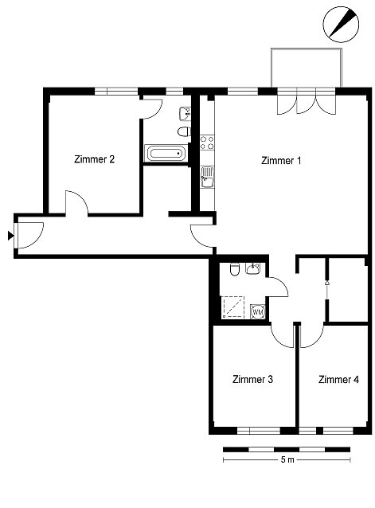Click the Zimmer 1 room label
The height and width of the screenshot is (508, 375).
click(281, 160)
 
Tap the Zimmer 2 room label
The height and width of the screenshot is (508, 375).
click(94, 159)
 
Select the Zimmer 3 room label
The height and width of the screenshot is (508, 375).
click(252, 379)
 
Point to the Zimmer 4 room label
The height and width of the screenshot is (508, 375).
click(338, 379)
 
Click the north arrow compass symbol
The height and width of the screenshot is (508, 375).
click(341, 25)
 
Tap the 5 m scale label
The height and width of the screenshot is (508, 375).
click(287, 459)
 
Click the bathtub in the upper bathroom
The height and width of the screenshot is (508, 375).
click(166, 153)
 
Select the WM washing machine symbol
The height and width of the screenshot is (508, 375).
click(258, 312)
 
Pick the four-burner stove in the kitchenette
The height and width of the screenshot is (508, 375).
click(207, 143)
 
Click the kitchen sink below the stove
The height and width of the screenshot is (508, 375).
click(207, 178)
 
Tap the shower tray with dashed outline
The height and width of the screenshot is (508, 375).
click(232, 307)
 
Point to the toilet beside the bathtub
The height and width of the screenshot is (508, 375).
click(184, 132)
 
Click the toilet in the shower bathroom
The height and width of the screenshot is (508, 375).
click(234, 269)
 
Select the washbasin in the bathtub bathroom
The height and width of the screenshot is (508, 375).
click(186, 114)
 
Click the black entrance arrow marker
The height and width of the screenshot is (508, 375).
click(11, 236)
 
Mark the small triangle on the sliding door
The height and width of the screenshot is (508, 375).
click(327, 283)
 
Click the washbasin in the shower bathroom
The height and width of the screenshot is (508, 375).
click(253, 268)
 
